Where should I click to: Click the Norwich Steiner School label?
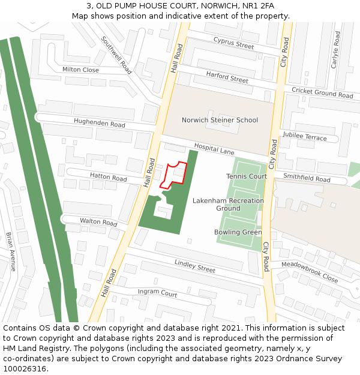click(220, 120)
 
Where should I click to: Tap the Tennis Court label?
click(247, 176)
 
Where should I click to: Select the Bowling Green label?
click(238, 232)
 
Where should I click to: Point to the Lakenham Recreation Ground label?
click(228, 205)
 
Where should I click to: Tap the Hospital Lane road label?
click(214, 149)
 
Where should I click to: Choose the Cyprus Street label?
click(233, 43)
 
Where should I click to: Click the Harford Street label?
click(227, 76)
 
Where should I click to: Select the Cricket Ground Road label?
click(322, 92)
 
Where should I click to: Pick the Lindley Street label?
click(194, 266)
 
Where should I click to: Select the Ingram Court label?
click(157, 293)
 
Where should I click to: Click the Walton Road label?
click(98, 222)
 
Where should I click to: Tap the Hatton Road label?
click(108, 178)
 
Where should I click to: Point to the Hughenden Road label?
click(99, 124)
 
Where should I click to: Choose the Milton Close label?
click(80, 70)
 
